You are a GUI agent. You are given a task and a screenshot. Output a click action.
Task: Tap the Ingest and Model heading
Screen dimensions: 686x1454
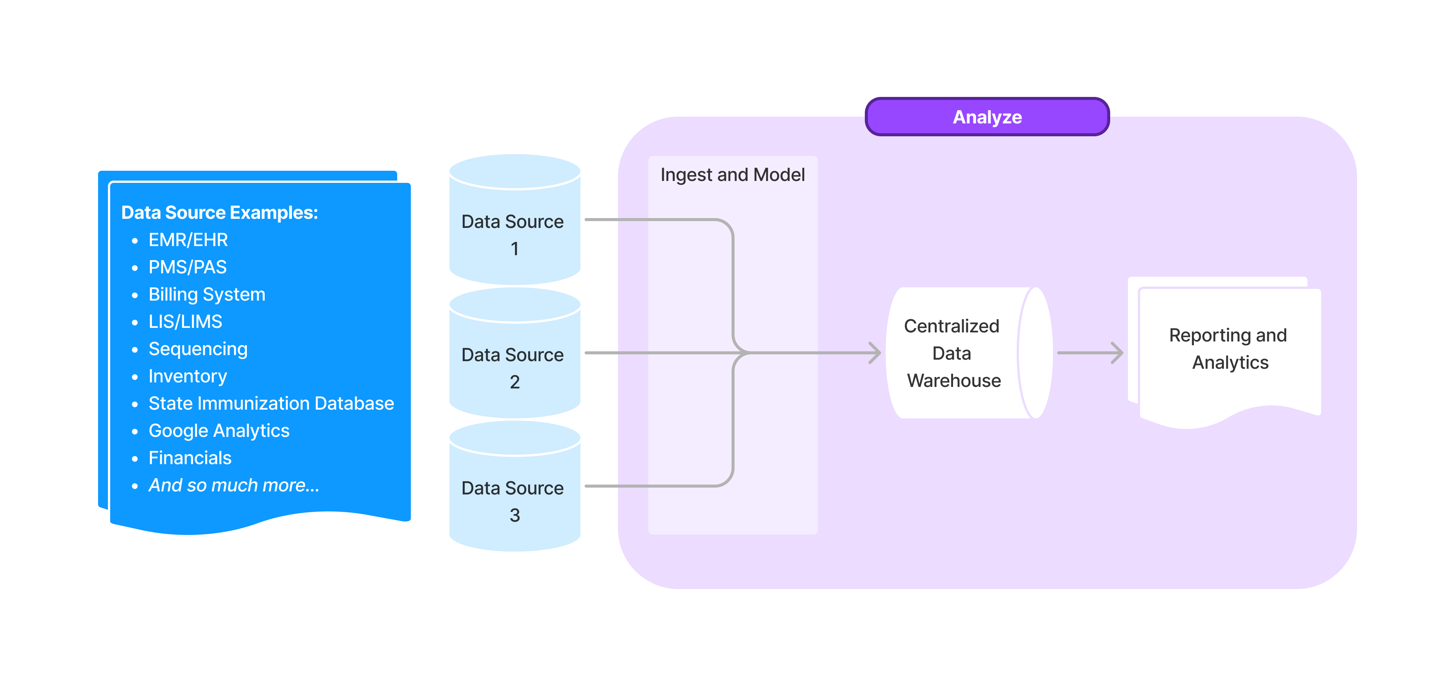pyautogui.click(x=732, y=175)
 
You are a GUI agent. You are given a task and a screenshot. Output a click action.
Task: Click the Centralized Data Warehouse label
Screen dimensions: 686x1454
pyautogui.click(x=953, y=353)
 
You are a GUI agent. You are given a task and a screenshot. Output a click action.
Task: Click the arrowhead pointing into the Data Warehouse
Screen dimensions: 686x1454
pyautogui.click(x=875, y=353)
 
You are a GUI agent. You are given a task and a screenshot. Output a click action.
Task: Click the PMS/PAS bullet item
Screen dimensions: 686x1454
pyautogui.click(x=187, y=267)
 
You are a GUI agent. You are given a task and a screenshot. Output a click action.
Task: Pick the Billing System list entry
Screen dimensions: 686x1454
pyautogui.click(x=207, y=295)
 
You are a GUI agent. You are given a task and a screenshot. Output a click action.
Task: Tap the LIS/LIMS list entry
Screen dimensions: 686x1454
pyautogui.click(x=185, y=321)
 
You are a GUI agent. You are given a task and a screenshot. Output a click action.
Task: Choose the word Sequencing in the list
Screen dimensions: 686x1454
pyautogui.click(x=198, y=349)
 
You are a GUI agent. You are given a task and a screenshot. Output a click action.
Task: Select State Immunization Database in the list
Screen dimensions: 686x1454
pyautogui.click(x=271, y=403)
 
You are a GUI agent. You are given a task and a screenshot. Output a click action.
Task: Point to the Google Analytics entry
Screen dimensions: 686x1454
pyautogui.click(x=218, y=430)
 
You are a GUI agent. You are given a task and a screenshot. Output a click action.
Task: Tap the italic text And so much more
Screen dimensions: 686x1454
pyautogui.click(x=233, y=485)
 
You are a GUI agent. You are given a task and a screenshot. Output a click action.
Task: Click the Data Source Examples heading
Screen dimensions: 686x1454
pyautogui.click(x=220, y=213)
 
